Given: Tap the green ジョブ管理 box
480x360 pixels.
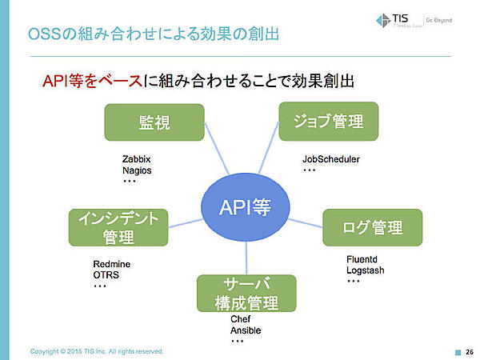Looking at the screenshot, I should (328, 122).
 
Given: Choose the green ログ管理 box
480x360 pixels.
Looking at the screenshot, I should (372, 227).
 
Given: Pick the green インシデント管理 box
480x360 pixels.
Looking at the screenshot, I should (118, 227).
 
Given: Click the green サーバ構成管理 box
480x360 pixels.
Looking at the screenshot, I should (246, 294).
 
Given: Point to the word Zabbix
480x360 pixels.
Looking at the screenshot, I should (136, 158).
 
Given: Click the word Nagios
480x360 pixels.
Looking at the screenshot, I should (136, 170).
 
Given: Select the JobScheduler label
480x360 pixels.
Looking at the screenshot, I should (331, 158).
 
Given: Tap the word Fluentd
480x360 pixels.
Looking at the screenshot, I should (363, 259).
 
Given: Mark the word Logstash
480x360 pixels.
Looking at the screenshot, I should (366, 270).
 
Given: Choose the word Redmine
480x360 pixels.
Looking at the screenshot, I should (112, 264).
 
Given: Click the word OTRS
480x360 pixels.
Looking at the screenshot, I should (106, 275).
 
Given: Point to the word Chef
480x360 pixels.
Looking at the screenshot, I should (240, 319).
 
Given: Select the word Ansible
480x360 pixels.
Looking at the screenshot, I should (246, 330).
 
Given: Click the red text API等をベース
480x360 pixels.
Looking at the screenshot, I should (91, 82).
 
